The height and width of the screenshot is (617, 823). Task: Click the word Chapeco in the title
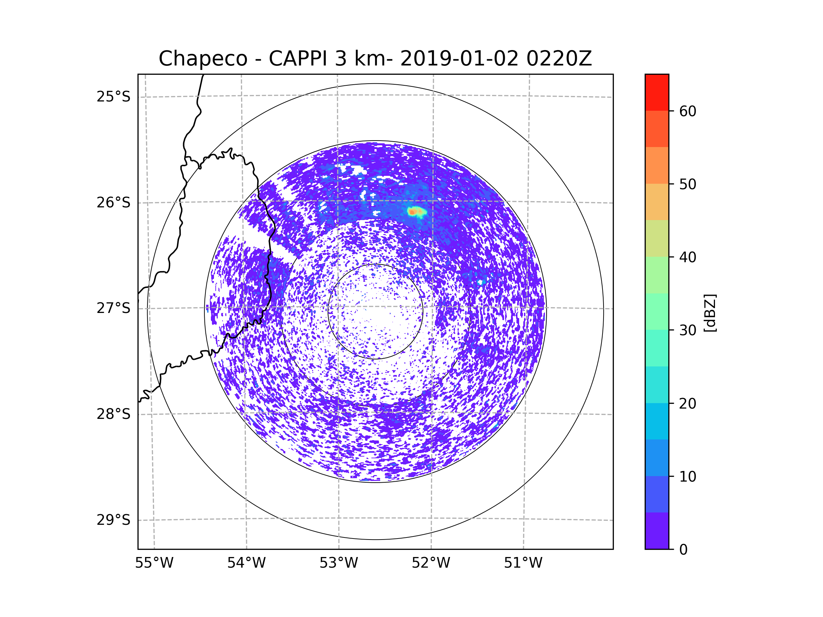(x=203, y=59)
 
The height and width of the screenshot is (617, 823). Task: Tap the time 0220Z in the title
(x=559, y=58)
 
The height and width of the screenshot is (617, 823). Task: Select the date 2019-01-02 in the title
(x=459, y=59)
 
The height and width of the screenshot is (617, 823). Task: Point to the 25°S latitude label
(x=114, y=97)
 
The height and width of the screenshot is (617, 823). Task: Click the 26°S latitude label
(x=114, y=203)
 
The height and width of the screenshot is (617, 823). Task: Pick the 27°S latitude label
(x=114, y=308)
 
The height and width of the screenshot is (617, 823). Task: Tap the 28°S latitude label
(x=114, y=414)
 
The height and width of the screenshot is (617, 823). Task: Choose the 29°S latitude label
(x=114, y=520)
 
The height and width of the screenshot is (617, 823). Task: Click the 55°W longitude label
(x=154, y=563)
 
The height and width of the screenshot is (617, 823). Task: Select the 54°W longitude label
(x=246, y=563)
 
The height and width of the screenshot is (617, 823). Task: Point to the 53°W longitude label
(x=338, y=563)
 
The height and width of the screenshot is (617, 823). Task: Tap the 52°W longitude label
(x=431, y=563)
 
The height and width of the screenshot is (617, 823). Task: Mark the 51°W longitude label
(x=523, y=563)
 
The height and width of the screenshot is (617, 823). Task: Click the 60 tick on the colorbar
(x=688, y=111)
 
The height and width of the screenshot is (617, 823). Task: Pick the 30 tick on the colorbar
(x=688, y=330)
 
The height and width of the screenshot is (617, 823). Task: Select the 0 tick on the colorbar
(x=683, y=550)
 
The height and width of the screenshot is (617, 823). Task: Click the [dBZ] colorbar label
(x=710, y=313)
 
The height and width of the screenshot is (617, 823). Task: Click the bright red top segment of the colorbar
(x=657, y=93)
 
